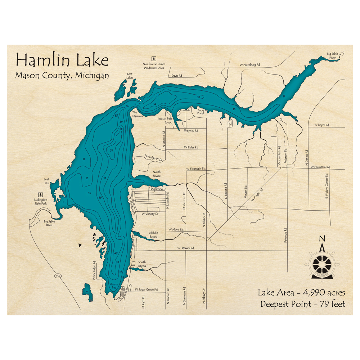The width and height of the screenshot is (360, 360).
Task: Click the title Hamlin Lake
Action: point(62,60)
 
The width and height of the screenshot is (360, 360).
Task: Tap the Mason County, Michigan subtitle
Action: point(62,76)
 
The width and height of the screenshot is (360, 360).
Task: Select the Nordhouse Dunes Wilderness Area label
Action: point(154,66)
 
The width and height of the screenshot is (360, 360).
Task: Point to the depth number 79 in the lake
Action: point(112,150)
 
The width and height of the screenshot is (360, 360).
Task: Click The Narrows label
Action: point(138,114)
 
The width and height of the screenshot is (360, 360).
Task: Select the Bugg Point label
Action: point(201,112)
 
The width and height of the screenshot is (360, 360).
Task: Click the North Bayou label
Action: point(157,174)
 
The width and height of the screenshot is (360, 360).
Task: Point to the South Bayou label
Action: point(142,264)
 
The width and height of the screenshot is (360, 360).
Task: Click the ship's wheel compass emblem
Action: point(322,265)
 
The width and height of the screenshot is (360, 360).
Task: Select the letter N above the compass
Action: point(322,239)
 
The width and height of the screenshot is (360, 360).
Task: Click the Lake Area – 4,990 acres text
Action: point(301,293)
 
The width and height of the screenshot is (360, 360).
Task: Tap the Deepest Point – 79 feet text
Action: point(302,304)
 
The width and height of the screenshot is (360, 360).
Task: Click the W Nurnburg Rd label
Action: point(249,65)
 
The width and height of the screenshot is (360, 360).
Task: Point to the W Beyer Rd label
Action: point(321,125)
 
